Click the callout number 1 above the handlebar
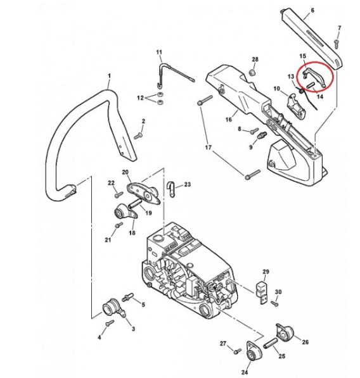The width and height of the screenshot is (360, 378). [109, 76]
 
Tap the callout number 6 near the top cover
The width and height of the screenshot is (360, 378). [312, 10]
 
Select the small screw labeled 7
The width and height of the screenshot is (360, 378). [337, 44]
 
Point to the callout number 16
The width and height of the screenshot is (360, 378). [229, 119]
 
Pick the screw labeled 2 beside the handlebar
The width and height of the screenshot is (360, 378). [138, 136]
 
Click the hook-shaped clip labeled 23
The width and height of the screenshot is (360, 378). [171, 188]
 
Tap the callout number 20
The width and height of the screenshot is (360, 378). [125, 172]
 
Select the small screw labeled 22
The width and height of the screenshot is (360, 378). [119, 194]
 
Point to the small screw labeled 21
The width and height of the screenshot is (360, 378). [119, 225]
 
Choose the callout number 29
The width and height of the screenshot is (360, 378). [266, 272]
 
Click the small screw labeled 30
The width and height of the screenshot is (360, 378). [275, 304]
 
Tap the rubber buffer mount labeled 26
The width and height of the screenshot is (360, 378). [285, 332]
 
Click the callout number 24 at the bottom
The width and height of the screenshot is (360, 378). [245, 372]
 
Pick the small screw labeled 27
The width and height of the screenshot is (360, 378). [238, 351]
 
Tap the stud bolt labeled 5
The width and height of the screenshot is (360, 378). [127, 297]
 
